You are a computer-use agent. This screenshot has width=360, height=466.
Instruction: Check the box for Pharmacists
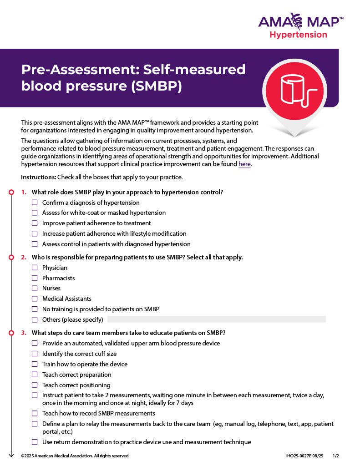[35, 278]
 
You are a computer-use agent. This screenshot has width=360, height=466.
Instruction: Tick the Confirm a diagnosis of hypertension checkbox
[35, 203]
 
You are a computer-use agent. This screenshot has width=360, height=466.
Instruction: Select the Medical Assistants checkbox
[35, 299]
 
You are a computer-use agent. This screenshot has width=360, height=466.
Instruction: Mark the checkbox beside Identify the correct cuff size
[35, 354]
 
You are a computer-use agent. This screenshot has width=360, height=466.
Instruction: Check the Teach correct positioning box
[35, 385]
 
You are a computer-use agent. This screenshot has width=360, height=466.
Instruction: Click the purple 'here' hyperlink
[244, 164]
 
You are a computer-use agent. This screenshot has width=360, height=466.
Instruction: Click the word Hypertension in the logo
[298, 35]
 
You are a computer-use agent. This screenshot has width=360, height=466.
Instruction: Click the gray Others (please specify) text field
[216, 319]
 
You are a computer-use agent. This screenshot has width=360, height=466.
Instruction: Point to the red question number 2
[24, 257]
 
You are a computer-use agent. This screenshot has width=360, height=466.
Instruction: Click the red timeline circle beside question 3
[11, 333]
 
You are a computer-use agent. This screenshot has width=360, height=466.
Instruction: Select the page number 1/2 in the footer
[336, 456]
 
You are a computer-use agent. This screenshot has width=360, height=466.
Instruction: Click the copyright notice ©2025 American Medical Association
[75, 456]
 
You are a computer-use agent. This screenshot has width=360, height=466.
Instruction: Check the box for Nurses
[35, 288]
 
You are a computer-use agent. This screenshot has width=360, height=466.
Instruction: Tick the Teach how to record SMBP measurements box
[35, 413]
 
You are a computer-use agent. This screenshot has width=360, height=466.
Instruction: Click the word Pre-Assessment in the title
[79, 70]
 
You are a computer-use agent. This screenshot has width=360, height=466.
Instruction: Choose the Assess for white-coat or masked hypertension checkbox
[35, 213]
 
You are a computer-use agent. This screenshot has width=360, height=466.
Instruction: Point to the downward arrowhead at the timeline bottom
[11, 454]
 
